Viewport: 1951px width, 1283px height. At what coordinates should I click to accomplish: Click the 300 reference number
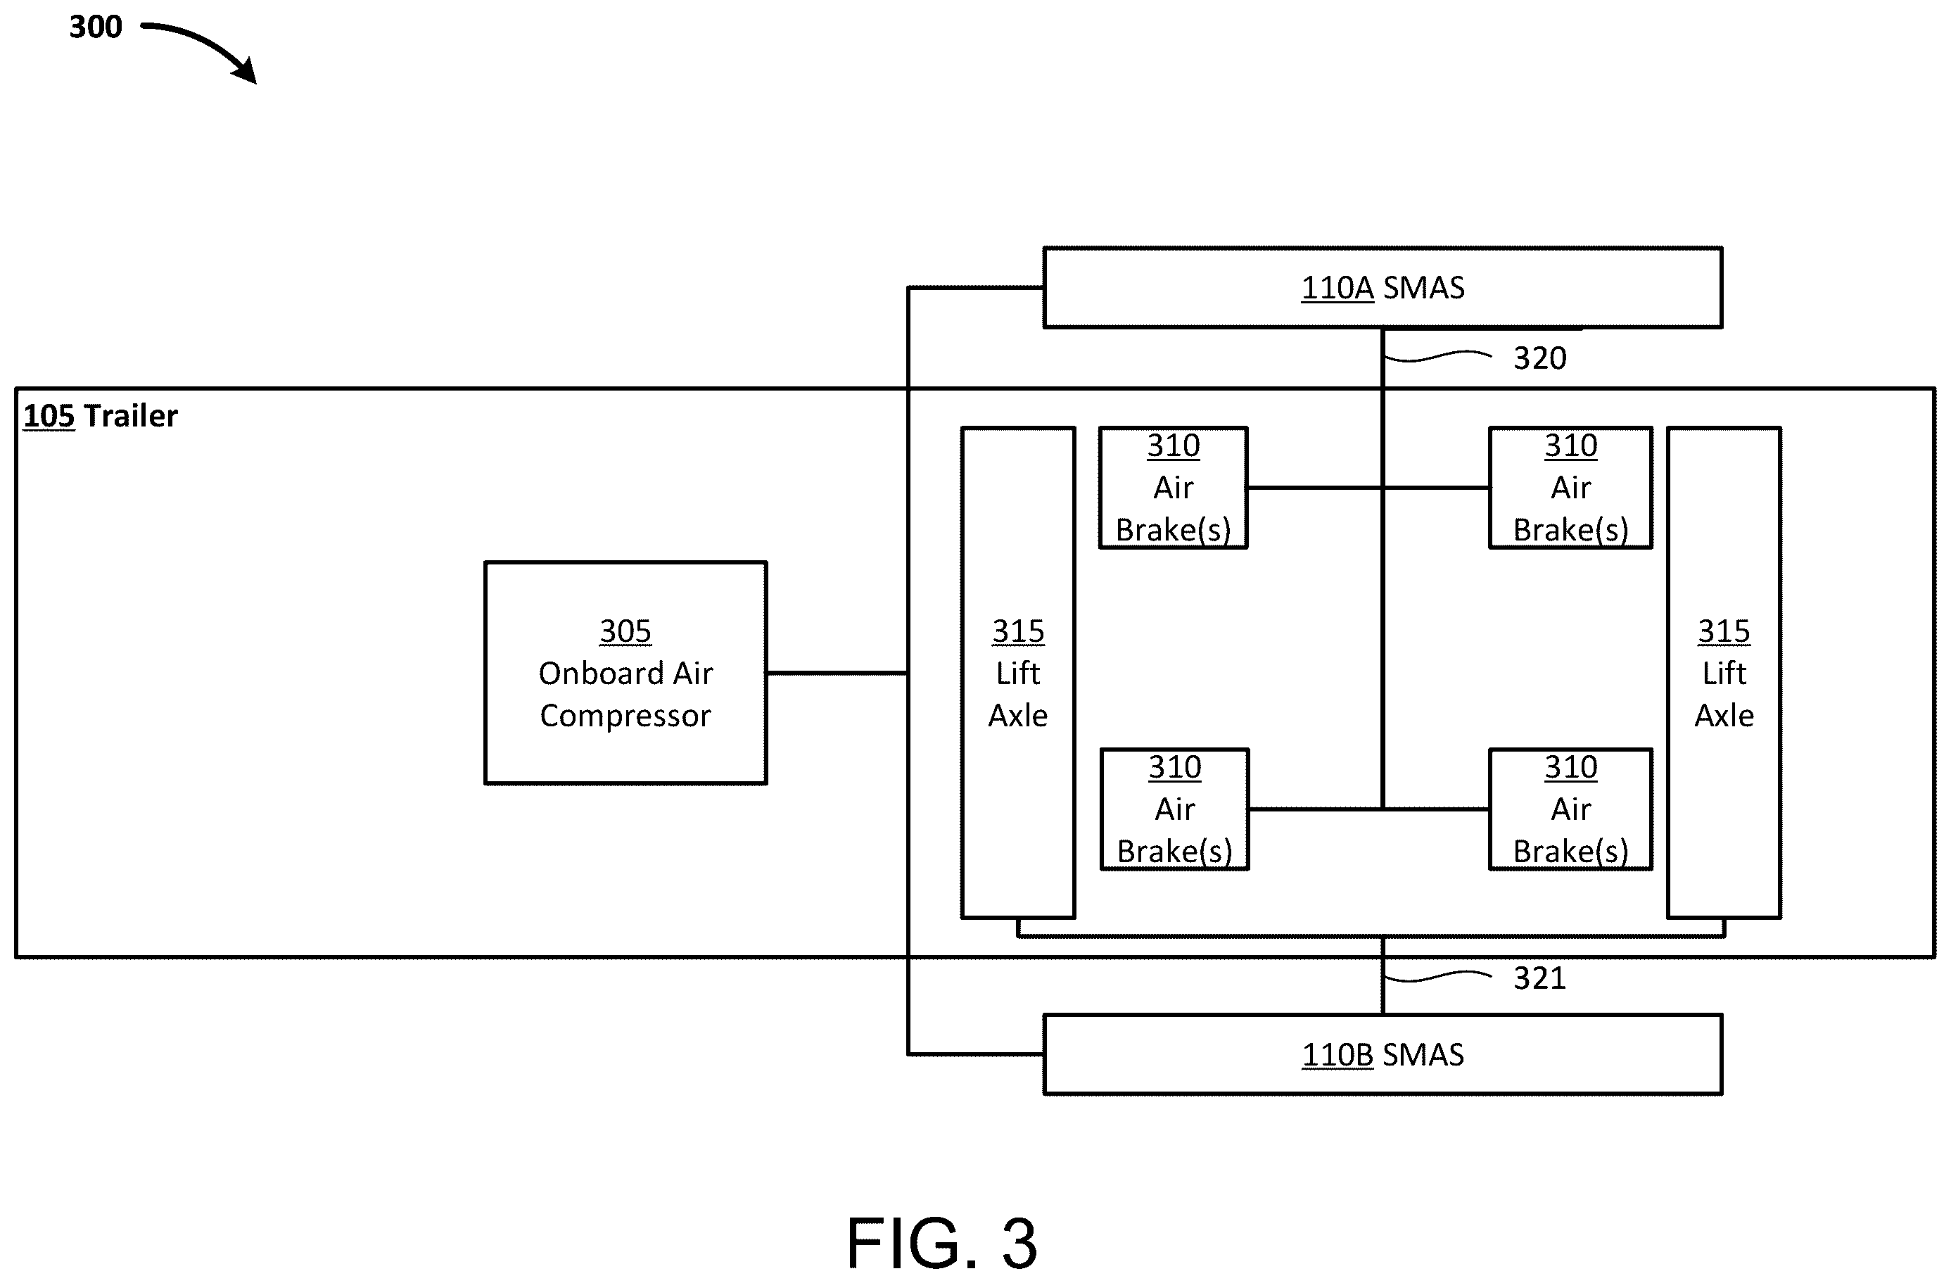(95, 27)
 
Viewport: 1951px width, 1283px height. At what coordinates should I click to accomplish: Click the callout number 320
(1539, 358)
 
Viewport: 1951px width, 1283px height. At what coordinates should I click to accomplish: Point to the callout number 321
(1539, 978)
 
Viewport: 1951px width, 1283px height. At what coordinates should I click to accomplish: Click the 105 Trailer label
(100, 417)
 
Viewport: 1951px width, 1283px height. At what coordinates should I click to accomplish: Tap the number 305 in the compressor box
(625, 631)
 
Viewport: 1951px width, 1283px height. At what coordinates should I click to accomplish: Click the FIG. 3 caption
(942, 1243)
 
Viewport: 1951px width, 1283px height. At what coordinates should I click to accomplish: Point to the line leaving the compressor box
(837, 673)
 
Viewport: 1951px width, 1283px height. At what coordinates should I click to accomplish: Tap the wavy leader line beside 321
(1437, 976)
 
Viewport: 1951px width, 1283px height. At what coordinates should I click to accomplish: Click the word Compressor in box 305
(625, 716)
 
